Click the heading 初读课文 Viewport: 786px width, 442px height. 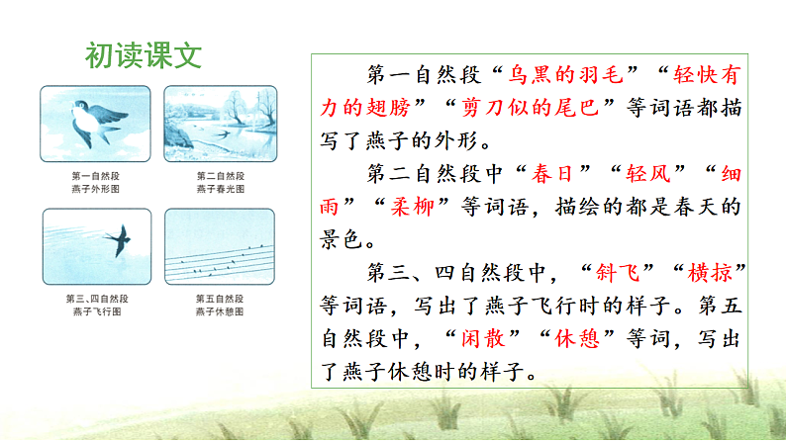pyautogui.click(x=144, y=54)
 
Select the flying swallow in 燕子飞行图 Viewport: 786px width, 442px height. pyautogui.click(x=119, y=240)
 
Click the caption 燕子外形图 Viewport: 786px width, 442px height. pyautogui.click(x=96, y=188)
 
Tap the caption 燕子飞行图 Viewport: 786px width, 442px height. pyautogui.click(x=96, y=311)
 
